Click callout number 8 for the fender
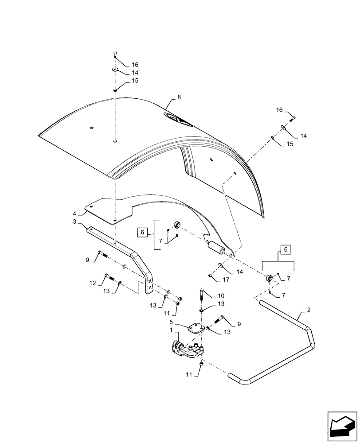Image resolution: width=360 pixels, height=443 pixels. tap(179, 97)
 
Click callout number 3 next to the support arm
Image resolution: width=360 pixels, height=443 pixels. tap(75, 221)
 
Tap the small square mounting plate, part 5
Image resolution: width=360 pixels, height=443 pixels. tap(195, 329)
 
